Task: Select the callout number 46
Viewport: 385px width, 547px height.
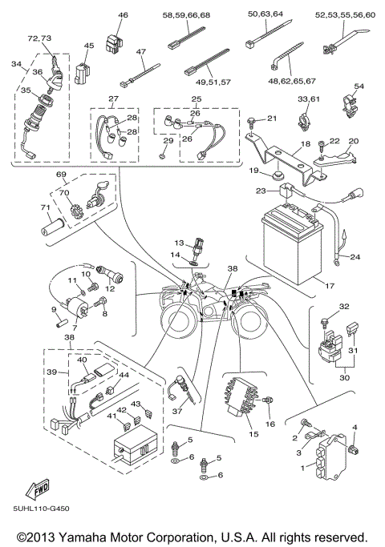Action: (x=123, y=15)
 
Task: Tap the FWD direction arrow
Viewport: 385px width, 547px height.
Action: (x=39, y=488)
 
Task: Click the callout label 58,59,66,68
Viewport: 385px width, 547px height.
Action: (x=187, y=15)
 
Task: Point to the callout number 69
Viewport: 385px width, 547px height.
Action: (x=60, y=174)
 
